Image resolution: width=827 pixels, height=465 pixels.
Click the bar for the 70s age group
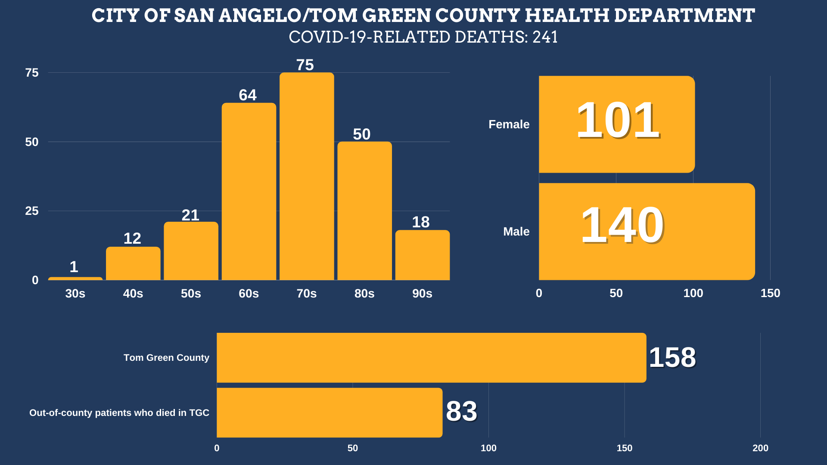[x=307, y=177]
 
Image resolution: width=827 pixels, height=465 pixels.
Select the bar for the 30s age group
[x=75, y=279]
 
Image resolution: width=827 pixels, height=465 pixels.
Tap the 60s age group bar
[x=249, y=192]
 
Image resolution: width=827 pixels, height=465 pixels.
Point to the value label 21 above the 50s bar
[x=190, y=215]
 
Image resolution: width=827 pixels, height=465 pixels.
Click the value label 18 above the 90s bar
[x=421, y=222]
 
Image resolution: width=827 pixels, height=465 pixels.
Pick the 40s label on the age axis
[x=133, y=294]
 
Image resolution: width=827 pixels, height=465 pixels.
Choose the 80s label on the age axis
[x=364, y=294]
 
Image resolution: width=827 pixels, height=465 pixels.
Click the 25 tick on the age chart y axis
[x=32, y=211]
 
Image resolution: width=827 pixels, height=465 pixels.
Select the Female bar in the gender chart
[x=616, y=124]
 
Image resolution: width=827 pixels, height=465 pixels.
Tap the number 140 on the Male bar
[x=622, y=225]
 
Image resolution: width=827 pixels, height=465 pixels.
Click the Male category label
[x=516, y=232]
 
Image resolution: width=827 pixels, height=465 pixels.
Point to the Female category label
[x=509, y=124]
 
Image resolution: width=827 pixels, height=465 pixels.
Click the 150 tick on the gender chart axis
[x=770, y=293]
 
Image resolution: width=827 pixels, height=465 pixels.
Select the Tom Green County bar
[x=431, y=358]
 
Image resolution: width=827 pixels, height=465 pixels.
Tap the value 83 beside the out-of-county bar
[x=461, y=411]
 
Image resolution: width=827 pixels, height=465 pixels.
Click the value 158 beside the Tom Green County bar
[x=672, y=357]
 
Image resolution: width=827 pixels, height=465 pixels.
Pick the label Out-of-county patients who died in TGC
[x=119, y=413]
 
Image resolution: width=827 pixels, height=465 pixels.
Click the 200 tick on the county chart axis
[x=760, y=448]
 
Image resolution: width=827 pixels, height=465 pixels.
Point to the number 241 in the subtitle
[x=545, y=37]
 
